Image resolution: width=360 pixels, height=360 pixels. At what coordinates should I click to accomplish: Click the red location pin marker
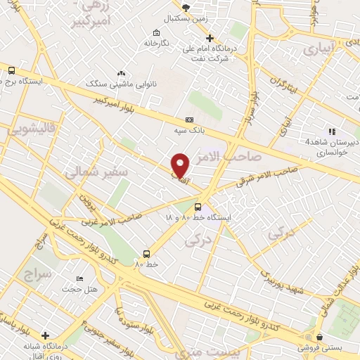(180, 165)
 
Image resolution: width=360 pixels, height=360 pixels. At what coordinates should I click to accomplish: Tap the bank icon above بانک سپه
(189, 120)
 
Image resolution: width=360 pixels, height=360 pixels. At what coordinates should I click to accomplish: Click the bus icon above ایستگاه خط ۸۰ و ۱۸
(198, 207)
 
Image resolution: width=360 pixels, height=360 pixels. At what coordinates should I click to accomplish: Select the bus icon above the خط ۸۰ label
(147, 254)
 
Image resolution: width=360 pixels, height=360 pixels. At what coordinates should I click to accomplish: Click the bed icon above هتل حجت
(78, 279)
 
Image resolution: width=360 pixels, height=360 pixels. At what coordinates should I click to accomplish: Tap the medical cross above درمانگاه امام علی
(208, 37)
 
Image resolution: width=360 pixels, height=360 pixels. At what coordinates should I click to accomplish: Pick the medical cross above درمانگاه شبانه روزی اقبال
(46, 335)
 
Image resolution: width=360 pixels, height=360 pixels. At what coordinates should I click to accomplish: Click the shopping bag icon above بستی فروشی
(319, 337)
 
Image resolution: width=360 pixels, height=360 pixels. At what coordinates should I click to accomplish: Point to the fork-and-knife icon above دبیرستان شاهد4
(331, 131)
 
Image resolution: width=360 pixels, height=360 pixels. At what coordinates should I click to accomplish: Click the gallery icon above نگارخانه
(155, 32)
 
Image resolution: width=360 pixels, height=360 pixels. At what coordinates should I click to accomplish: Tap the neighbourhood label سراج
(37, 273)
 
